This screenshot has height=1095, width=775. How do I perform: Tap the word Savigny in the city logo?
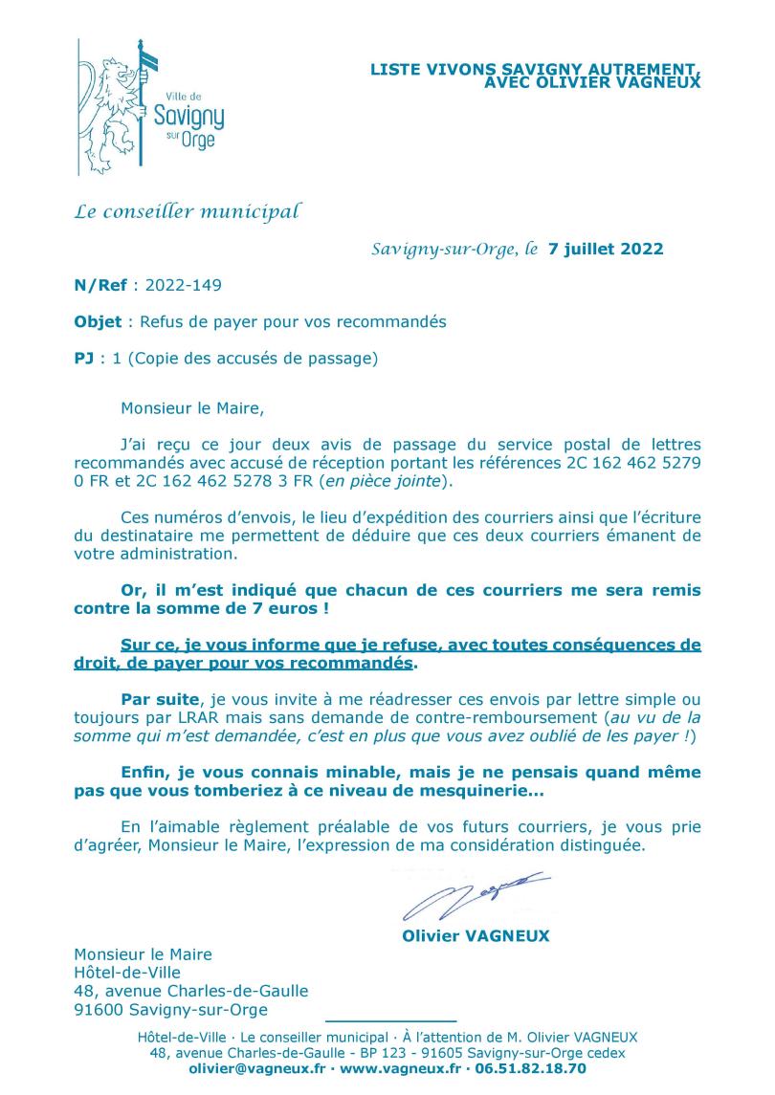pyautogui.click(x=188, y=118)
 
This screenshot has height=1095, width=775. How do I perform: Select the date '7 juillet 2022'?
pyautogui.click(x=606, y=250)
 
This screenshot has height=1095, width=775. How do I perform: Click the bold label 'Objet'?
pyautogui.click(x=98, y=322)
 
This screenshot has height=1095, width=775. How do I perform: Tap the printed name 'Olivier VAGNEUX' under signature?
pyautogui.click(x=476, y=936)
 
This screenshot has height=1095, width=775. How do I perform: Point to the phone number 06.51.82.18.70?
pyautogui.click(x=529, y=1068)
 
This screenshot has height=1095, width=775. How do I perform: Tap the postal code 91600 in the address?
pyautogui.click(x=98, y=1010)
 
